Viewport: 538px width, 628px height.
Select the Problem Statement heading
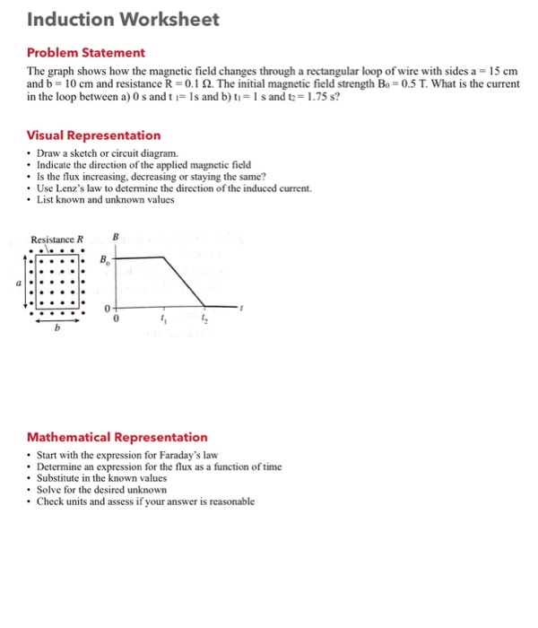[x=85, y=53]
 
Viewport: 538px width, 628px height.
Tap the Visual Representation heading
[x=93, y=135]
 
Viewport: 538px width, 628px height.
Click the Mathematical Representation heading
[x=117, y=437]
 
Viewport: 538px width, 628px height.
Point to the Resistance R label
[x=56, y=240]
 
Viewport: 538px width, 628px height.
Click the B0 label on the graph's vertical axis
[x=105, y=260]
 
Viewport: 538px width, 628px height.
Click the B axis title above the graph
[x=115, y=238]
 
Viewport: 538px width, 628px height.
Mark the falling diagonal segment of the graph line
[x=185, y=281]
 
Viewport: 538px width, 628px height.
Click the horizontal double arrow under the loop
[x=58, y=316]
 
